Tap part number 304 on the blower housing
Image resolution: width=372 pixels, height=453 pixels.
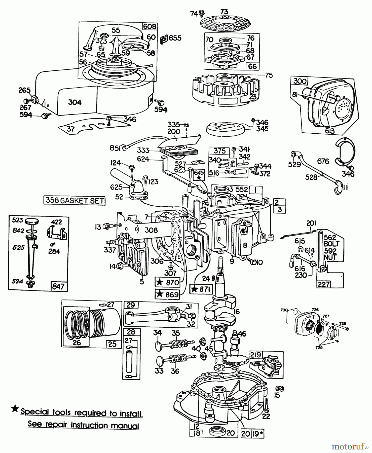[75, 102]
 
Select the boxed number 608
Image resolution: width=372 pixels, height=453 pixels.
[150, 26]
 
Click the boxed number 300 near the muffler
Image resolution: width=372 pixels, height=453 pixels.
[300, 81]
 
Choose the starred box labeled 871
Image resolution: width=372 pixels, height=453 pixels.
[201, 289]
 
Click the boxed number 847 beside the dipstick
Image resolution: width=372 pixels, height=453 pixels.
[58, 286]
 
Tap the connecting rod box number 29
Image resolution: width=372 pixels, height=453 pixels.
[131, 305]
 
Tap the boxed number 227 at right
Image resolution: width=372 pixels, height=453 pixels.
[324, 284]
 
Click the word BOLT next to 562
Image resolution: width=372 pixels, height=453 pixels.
[331, 244]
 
